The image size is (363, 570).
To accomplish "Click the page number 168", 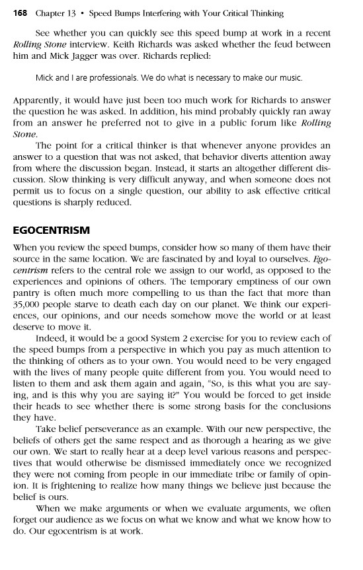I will pyautogui.click(x=21, y=13).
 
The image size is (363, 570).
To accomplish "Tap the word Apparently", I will pyautogui.click(x=39, y=100).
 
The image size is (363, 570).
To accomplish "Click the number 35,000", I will pyautogui.click(x=29, y=297).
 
